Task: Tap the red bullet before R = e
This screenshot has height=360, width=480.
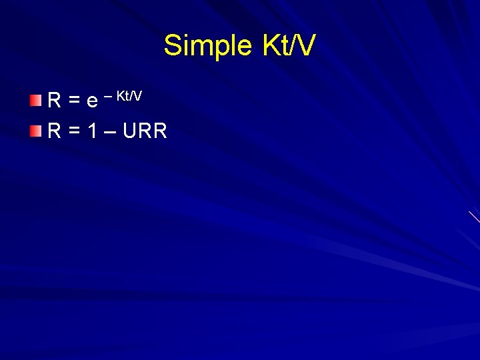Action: pyautogui.click(x=35, y=100)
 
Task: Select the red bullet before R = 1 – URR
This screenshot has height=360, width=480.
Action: pyautogui.click(x=35, y=131)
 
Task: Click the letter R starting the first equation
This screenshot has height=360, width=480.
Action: pyautogui.click(x=55, y=101)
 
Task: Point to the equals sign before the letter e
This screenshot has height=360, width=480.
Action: pyautogui.click(x=75, y=101)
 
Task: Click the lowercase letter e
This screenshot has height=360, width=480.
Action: pyautogui.click(x=92, y=102)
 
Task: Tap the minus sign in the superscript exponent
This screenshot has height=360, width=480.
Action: pyautogui.click(x=108, y=95)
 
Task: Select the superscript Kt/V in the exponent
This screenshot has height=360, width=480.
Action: pyautogui.click(x=129, y=95)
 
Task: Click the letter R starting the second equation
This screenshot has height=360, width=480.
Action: pyautogui.click(x=55, y=131)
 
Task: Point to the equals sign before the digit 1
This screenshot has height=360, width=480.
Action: pyautogui.click(x=75, y=131)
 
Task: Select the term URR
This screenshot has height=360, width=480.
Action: pyautogui.click(x=145, y=131)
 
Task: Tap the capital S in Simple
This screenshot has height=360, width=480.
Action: pyautogui.click(x=173, y=46)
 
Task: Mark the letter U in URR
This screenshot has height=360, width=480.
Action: pyautogui.click(x=129, y=131)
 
